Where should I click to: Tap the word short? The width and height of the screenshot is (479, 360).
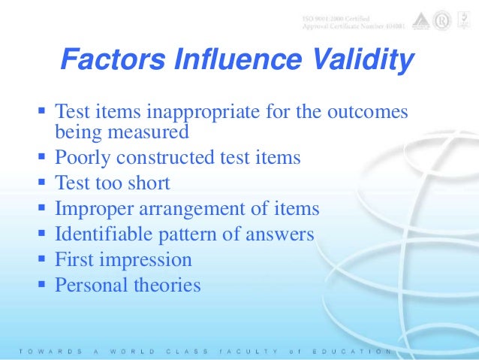point(148,183)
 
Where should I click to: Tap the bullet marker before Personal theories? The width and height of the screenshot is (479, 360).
point(41,285)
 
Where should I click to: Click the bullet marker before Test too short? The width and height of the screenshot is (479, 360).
point(41,183)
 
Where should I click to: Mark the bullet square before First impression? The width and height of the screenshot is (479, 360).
point(41,259)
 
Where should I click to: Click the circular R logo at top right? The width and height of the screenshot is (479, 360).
point(441,22)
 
